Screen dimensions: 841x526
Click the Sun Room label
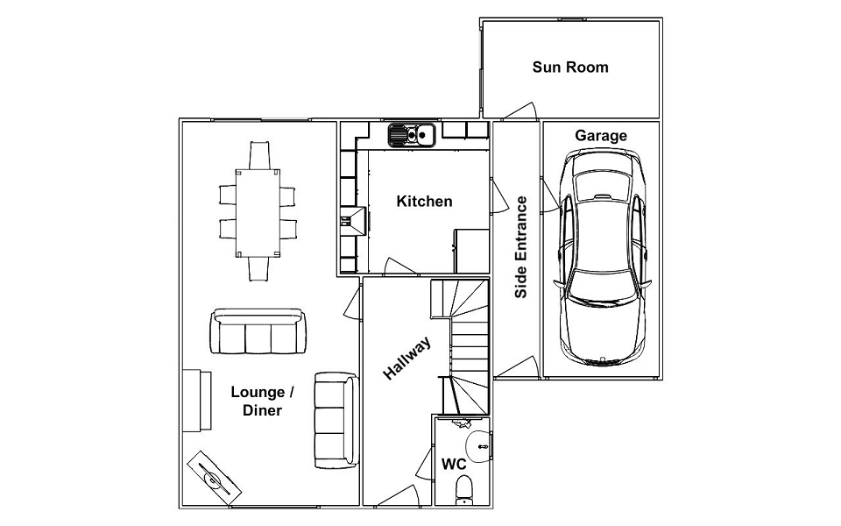pos(569,68)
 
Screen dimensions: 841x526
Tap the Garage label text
pos(601,136)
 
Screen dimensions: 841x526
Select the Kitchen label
pos(425,202)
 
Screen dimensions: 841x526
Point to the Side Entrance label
pos(521,247)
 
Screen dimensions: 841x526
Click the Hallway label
pos(407,359)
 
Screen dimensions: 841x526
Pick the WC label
pos(453,464)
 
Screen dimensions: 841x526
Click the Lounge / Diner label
pos(262,401)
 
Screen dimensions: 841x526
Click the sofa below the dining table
pos(258,332)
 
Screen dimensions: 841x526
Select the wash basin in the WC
pos(477,444)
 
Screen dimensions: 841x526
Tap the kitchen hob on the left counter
pos(355,218)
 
